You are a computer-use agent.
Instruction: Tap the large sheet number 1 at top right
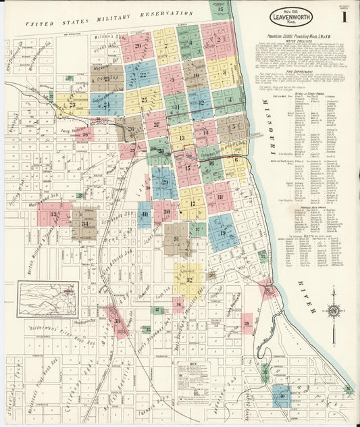coord(344,17)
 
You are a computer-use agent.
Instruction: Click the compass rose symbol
coord(333,311)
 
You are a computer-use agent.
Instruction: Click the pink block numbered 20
coord(137,47)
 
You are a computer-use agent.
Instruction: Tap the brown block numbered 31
coord(176,238)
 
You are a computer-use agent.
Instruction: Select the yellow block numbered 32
coord(189,280)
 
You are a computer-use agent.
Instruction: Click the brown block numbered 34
coord(84,224)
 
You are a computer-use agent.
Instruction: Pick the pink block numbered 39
coord(247,324)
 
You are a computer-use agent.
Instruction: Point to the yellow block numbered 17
coord(192,203)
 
